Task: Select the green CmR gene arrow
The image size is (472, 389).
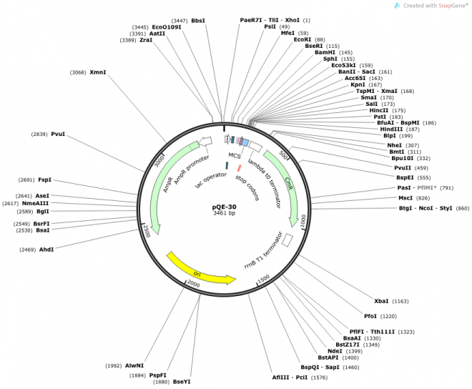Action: (x=285, y=186)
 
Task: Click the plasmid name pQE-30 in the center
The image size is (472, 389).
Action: (x=224, y=207)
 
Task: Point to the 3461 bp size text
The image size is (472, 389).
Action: (x=224, y=213)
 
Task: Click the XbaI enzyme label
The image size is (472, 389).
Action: (x=381, y=301)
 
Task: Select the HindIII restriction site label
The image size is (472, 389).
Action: (x=391, y=129)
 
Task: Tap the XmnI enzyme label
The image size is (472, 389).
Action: (x=98, y=72)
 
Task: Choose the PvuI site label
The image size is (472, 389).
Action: (x=58, y=134)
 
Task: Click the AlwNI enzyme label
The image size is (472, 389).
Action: (x=134, y=365)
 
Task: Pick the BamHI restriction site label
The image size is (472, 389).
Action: (x=325, y=52)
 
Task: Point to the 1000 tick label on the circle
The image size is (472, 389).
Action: (x=303, y=220)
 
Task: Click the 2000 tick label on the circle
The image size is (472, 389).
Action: (x=193, y=283)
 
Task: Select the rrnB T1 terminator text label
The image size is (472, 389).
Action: (x=263, y=250)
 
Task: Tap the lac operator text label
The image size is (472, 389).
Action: (x=211, y=180)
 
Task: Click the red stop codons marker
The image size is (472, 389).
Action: (x=240, y=167)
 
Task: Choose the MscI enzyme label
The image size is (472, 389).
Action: (x=405, y=198)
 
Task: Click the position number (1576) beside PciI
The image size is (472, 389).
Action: (x=319, y=378)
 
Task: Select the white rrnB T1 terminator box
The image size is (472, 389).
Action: (x=287, y=240)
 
